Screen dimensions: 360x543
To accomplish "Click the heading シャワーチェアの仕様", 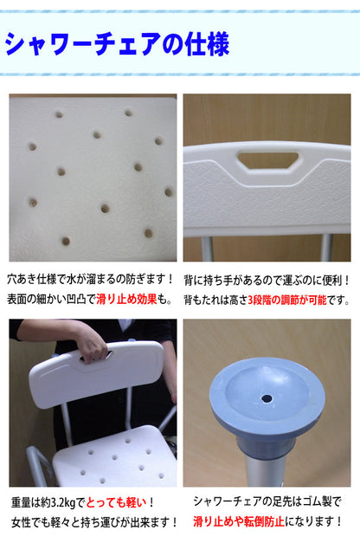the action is [118, 44].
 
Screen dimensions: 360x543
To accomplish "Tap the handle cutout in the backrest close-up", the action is [268, 160].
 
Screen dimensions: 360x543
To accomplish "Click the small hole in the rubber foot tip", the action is [267, 398].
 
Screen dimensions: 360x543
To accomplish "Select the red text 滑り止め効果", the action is [126, 299].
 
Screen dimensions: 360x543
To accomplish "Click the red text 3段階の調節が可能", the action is [287, 300].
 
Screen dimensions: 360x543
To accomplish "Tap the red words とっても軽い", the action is [116, 502].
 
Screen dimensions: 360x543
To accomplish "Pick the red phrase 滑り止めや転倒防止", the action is [239, 521].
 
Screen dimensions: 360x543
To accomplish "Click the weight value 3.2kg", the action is [62, 503].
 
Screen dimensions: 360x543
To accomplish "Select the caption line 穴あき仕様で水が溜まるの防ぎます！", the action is [90, 279].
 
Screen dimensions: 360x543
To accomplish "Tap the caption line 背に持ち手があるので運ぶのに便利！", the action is [267, 280].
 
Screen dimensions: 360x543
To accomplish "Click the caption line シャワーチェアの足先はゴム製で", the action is [267, 501].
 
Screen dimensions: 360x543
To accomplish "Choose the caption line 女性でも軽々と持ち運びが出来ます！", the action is [94, 522].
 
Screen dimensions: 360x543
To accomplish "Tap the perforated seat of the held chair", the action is [114, 457].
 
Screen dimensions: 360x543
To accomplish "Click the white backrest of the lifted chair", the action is [96, 371].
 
